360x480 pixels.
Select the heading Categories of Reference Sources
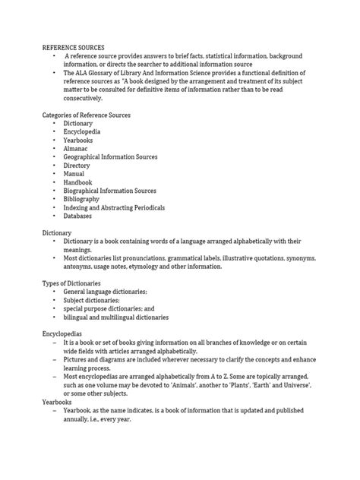(86, 115)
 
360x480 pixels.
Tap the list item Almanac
(77, 148)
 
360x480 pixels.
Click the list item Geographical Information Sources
(111, 156)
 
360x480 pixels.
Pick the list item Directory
(78, 165)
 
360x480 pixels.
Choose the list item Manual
(74, 173)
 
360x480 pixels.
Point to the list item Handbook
(78, 182)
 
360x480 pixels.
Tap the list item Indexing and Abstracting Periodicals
(115, 207)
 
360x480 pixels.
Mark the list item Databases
(78, 216)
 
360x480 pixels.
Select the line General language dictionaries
(106, 292)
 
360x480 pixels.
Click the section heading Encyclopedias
(62, 333)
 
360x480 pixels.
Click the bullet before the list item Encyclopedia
(55, 131)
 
